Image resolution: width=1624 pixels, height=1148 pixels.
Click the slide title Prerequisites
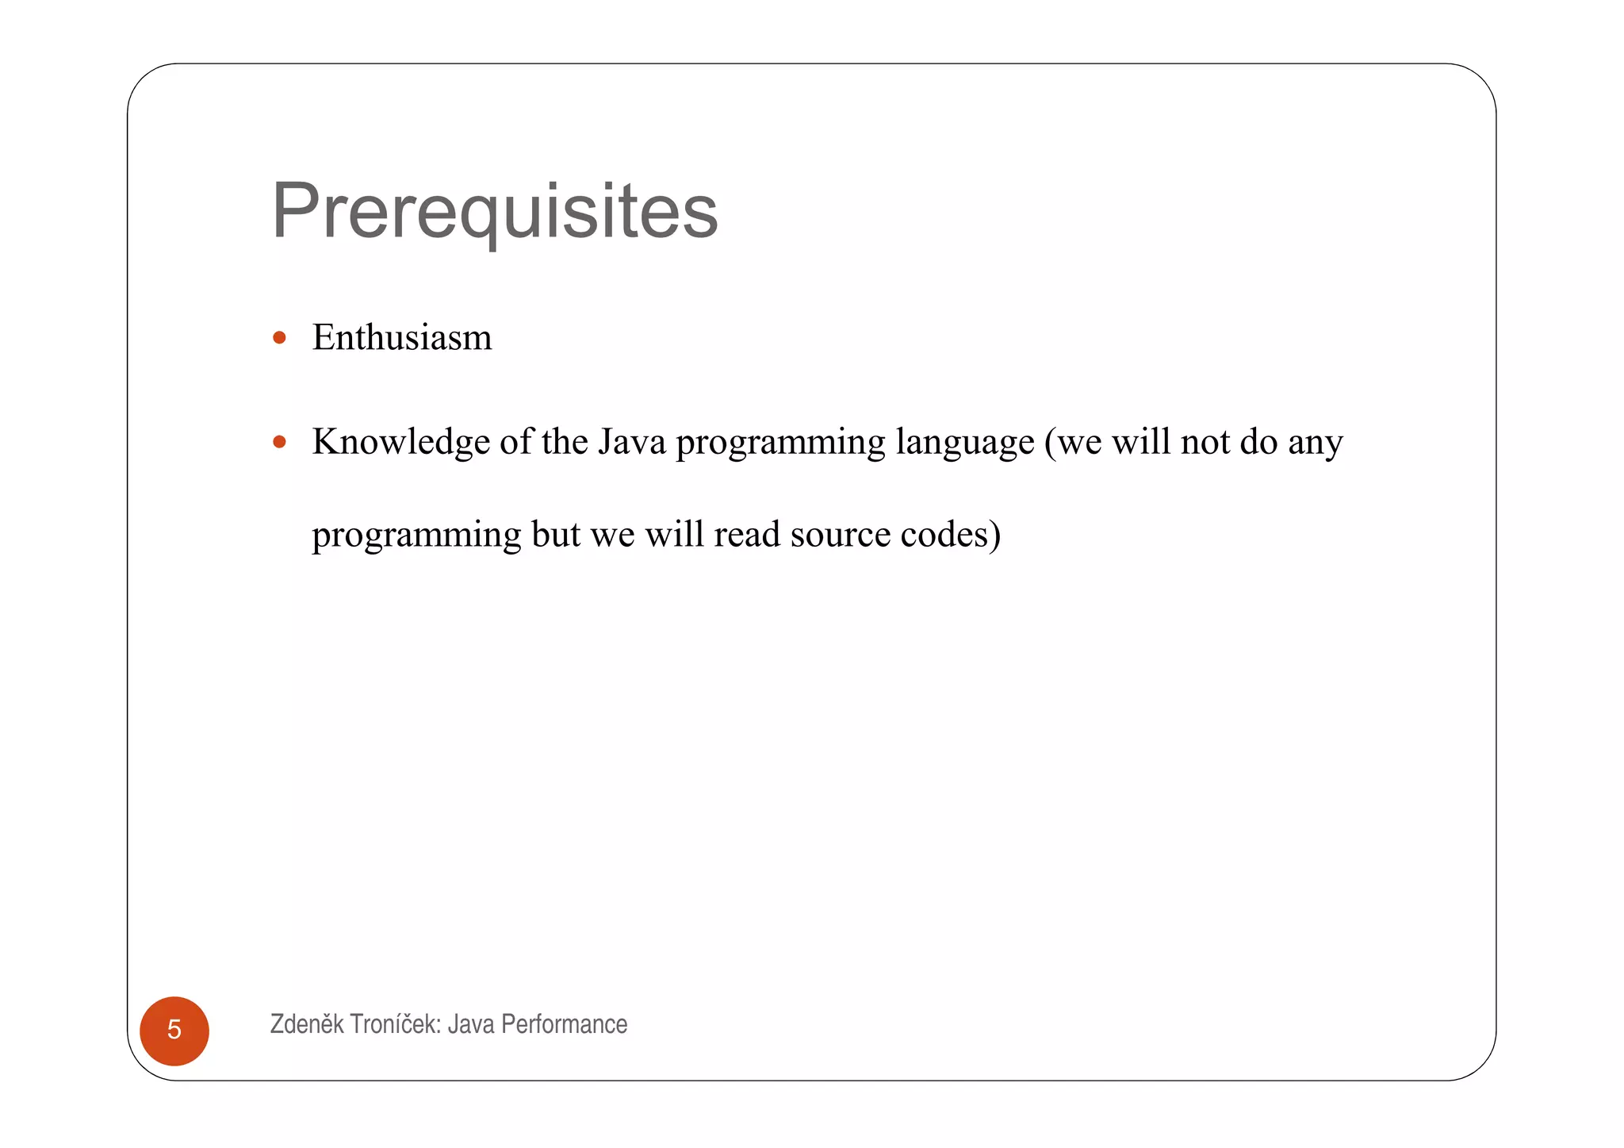pyautogui.click(x=494, y=211)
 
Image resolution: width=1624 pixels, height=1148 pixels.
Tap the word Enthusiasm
pyautogui.click(x=402, y=338)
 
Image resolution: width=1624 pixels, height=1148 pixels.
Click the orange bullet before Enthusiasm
pyautogui.click(x=279, y=338)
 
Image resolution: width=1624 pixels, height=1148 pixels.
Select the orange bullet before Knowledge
pyautogui.click(x=279, y=442)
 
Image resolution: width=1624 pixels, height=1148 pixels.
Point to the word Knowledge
pyautogui.click(x=400, y=442)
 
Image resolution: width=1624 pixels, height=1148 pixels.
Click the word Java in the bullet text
pyautogui.click(x=632, y=442)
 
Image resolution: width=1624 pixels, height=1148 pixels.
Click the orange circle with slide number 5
pyautogui.click(x=174, y=1030)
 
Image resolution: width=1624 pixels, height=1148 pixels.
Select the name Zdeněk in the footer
pyautogui.click(x=307, y=1024)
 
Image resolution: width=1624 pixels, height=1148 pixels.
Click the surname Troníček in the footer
pyautogui.click(x=395, y=1024)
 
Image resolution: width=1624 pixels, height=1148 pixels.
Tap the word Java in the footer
pyautogui.click(x=471, y=1024)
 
